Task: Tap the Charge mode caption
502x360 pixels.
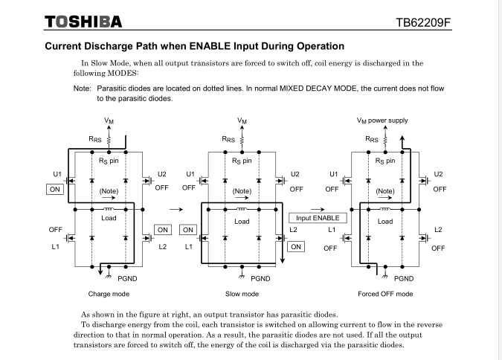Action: [x=109, y=294]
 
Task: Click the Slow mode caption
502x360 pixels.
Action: [x=242, y=294]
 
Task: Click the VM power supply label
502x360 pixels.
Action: [x=382, y=120]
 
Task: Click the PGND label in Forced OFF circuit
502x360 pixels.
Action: [x=405, y=278]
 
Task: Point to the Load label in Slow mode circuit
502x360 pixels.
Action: [x=242, y=221]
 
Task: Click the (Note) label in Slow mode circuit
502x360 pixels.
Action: [x=242, y=191]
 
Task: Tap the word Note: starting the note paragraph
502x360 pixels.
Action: [x=83, y=88]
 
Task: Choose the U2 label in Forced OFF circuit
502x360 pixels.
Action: [x=438, y=174]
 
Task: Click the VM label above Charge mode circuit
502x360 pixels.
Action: [x=110, y=120]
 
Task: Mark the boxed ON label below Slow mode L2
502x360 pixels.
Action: [x=296, y=246]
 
